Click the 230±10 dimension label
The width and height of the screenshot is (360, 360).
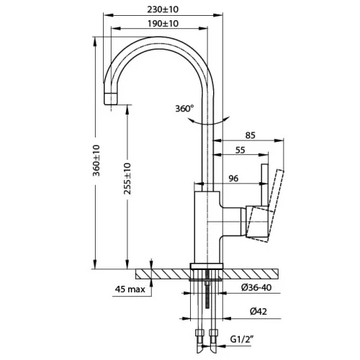pyautogui.click(x=163, y=9)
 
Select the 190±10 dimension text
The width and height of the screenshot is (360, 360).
pyautogui.click(x=163, y=24)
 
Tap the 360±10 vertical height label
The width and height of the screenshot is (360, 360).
pyautogui.click(x=96, y=161)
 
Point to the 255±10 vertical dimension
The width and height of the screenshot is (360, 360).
pyautogui.click(x=127, y=179)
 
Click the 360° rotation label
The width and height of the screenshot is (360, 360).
pyautogui.click(x=184, y=109)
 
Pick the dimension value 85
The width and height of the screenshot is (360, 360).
pyautogui.click(x=251, y=135)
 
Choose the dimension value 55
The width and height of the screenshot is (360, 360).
pyautogui.click(x=240, y=150)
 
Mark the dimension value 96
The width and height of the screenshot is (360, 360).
pyautogui.click(x=233, y=179)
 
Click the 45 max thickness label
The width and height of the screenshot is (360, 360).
pyautogui.click(x=130, y=289)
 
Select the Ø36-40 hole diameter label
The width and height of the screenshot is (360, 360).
pyautogui.click(x=256, y=287)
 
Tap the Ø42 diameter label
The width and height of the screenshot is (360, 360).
pyautogui.click(x=258, y=312)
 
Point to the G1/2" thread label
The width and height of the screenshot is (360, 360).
pyautogui.click(x=242, y=339)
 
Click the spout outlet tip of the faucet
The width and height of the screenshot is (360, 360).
pyautogui.click(x=111, y=99)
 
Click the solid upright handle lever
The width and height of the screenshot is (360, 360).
pyautogui.click(x=264, y=185)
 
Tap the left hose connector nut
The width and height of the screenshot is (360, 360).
pyautogui.click(x=199, y=333)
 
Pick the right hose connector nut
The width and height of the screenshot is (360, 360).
pyautogui.click(x=213, y=333)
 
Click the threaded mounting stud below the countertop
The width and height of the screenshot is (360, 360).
pyautogui.click(x=207, y=289)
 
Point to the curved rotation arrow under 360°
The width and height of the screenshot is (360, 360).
pyautogui.click(x=208, y=122)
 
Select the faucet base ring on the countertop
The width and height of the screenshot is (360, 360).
pyautogui.click(x=207, y=266)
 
